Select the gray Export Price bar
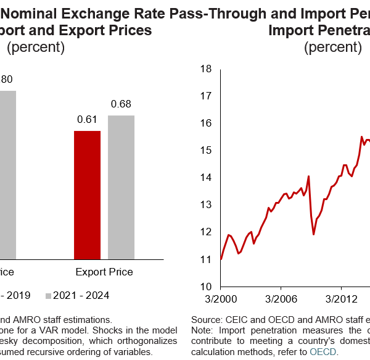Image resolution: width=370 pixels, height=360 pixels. [x=121, y=187]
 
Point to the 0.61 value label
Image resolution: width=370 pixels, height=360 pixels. [x=87, y=120]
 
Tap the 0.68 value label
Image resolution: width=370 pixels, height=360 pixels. [x=121, y=104]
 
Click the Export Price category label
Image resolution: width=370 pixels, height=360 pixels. [x=104, y=272]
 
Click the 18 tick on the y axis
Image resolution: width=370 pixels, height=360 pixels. [x=206, y=69]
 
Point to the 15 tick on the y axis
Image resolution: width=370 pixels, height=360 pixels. [x=206, y=150]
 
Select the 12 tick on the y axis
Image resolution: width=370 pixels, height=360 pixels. [x=206, y=232]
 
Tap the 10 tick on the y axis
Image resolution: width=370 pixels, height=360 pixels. [x=206, y=287]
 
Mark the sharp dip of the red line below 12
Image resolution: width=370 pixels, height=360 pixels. [x=314, y=234]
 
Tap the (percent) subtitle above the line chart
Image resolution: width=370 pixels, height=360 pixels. [x=333, y=48]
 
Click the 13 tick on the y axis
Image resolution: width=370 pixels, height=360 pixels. [x=206, y=205]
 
